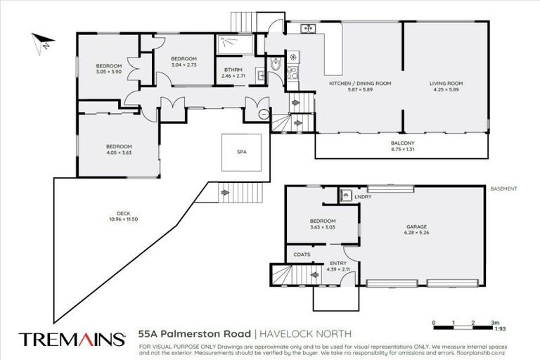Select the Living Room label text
(x=447, y=83)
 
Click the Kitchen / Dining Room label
(x=360, y=83)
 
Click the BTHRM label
(x=233, y=69)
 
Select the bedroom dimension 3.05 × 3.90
(x=109, y=72)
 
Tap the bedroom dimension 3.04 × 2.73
(x=183, y=64)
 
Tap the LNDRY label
(x=363, y=196)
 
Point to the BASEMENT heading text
(x=503, y=189)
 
